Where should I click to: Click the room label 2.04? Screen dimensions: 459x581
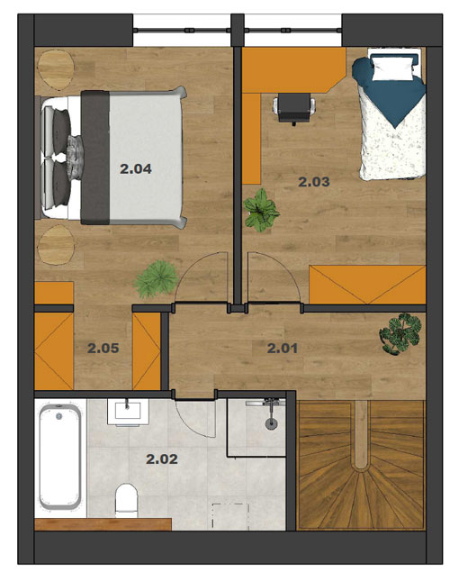tap(136, 169)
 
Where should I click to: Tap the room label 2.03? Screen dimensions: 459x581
tap(314, 182)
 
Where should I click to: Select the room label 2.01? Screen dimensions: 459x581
tap(283, 349)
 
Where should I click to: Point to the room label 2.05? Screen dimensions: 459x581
tap(103, 349)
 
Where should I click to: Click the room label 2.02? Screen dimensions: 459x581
tap(162, 459)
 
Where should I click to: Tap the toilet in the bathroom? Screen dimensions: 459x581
tap(126, 500)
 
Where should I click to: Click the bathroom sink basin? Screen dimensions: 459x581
tap(128, 412)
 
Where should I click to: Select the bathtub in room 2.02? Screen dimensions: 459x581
tap(60, 457)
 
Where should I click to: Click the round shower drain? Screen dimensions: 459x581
tap(271, 423)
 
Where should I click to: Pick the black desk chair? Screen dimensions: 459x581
tap(294, 108)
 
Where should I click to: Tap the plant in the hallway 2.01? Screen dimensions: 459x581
tap(400, 334)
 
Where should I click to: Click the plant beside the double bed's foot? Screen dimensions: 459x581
tap(156, 278)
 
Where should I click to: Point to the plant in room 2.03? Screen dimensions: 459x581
tap(261, 211)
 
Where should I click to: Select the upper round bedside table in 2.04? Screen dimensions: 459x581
tap(56, 69)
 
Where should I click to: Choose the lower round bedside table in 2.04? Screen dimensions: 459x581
tap(56, 244)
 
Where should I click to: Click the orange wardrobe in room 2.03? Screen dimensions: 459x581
tap(367, 285)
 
